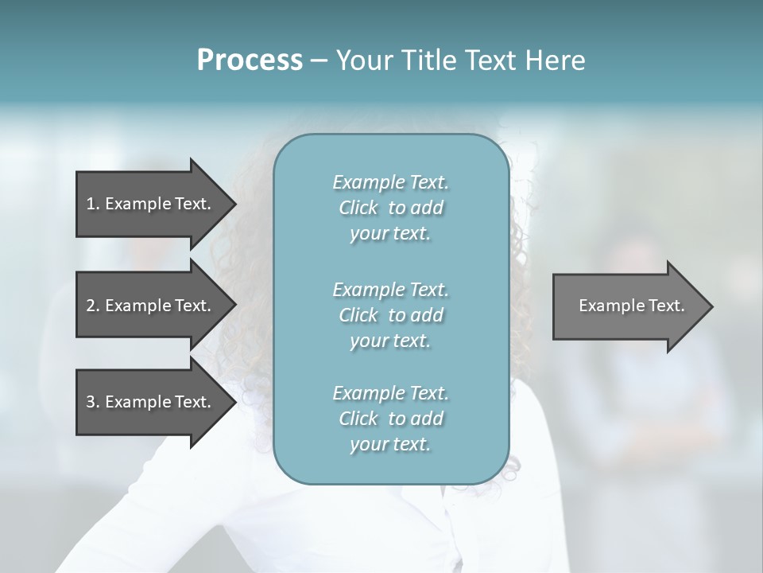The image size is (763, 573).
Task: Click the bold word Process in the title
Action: [x=250, y=60]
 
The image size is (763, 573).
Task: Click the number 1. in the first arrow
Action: [x=92, y=204]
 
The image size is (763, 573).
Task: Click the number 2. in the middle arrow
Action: [x=92, y=306]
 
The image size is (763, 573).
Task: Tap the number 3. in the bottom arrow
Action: [x=92, y=402]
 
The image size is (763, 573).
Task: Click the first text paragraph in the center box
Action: [x=390, y=208]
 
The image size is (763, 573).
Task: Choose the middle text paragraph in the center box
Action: [x=390, y=314]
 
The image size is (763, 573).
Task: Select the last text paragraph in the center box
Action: [x=390, y=419]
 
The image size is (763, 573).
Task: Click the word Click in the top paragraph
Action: [x=358, y=208]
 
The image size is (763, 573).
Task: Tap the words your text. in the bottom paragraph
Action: [x=390, y=444]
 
